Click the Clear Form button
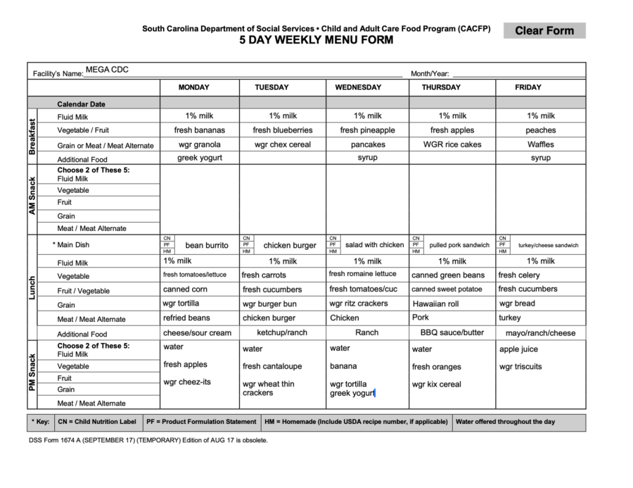point(544,30)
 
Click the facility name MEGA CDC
point(107,70)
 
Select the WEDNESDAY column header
point(358,87)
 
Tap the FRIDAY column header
point(528,87)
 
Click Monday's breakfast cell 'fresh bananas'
point(200,130)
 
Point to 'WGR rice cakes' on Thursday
point(452,144)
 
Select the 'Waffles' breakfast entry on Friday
point(540,144)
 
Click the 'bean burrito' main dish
point(207,245)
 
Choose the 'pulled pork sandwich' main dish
point(459,245)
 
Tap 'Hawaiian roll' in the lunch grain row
point(435,304)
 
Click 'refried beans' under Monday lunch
point(186,318)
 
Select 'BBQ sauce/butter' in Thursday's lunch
point(452,332)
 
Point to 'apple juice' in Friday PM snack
point(518,349)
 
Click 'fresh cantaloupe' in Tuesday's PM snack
point(272,366)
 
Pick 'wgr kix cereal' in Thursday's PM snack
point(437,384)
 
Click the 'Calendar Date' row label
point(82,104)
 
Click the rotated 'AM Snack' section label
point(32,196)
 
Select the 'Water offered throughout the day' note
point(505,422)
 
